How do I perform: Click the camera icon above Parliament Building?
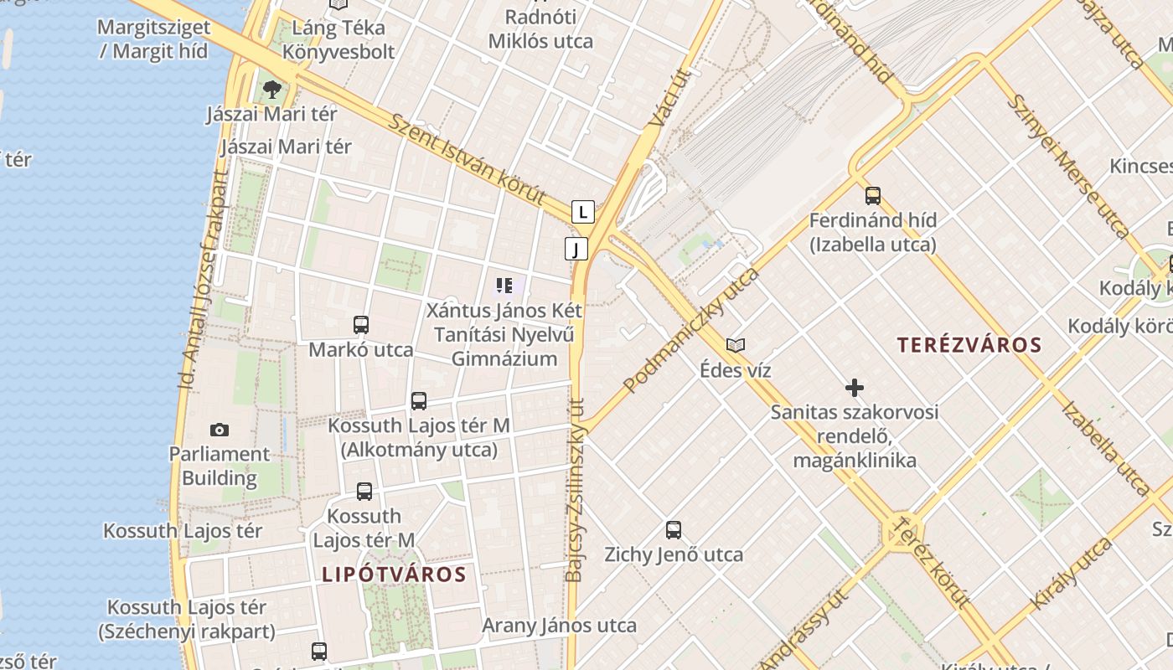click(220, 430)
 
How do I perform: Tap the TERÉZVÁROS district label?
click(969, 345)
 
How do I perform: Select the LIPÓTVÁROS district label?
click(394, 575)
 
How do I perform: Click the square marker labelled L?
click(583, 212)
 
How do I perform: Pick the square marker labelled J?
click(576, 249)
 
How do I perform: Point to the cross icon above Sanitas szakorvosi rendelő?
click(855, 388)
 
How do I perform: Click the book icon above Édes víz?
click(736, 345)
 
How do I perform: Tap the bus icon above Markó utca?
click(361, 325)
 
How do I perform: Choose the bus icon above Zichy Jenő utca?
click(674, 530)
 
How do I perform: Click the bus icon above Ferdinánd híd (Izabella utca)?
click(873, 196)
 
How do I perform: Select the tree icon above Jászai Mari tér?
click(271, 89)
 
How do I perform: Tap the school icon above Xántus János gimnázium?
click(504, 286)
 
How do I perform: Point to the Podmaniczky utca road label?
click(690, 331)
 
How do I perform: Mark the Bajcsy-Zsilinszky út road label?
click(576, 490)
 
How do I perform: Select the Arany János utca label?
click(559, 626)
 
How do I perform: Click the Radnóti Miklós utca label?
click(540, 29)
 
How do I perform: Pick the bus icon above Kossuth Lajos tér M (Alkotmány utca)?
click(419, 401)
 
